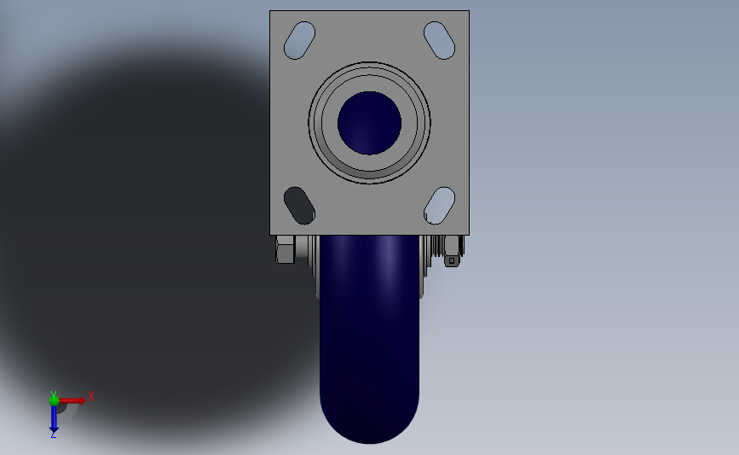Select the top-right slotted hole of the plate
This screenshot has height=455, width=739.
(439, 40)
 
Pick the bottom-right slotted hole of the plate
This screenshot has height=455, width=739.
(439, 205)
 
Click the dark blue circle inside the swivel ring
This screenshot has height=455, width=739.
(369, 123)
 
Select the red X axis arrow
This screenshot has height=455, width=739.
(72, 400)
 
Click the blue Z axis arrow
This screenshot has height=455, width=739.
(54, 417)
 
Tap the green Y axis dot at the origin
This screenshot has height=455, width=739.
(54, 399)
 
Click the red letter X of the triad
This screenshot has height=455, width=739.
(90, 395)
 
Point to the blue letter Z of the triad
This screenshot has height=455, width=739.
(53, 435)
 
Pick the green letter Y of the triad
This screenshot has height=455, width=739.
(53, 392)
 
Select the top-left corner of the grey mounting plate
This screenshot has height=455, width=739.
(271, 12)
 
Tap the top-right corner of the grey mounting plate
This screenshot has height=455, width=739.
(468, 12)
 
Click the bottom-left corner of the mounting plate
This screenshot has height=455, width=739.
(271, 234)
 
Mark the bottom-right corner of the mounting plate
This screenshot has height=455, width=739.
(468, 234)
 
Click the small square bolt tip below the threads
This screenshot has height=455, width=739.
(452, 261)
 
